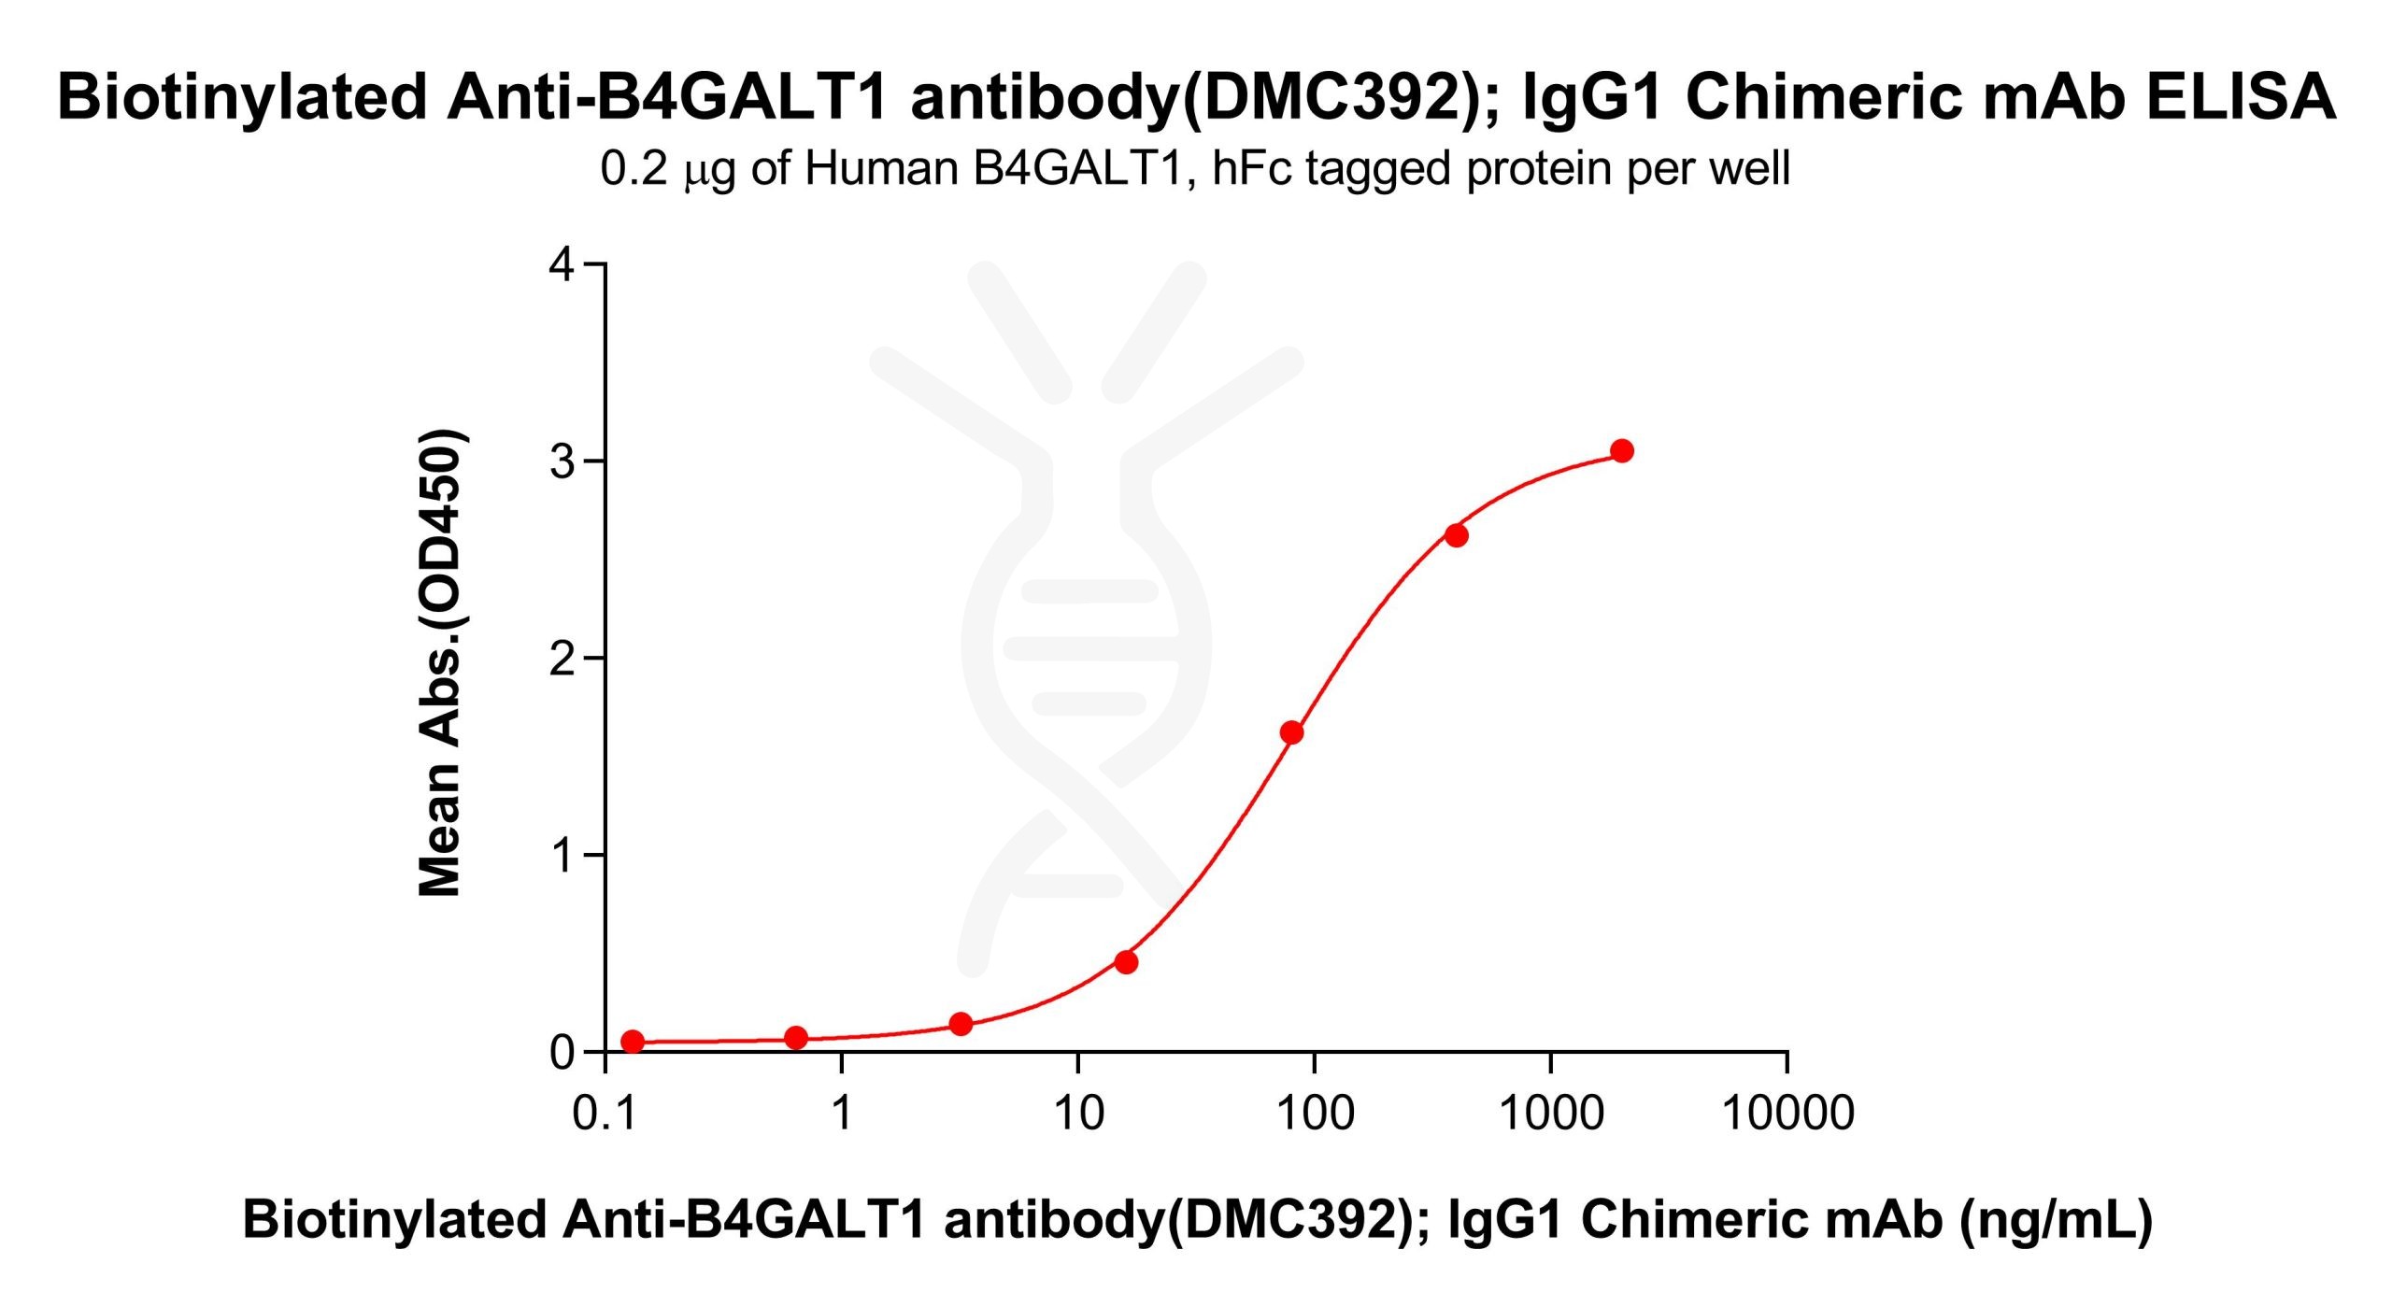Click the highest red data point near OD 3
(x=1622, y=451)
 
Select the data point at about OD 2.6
(x=1456, y=535)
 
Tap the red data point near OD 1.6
(x=1291, y=732)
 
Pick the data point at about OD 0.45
(x=1126, y=962)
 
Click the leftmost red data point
(x=633, y=1042)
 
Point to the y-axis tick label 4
(x=562, y=264)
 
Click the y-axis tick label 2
(x=562, y=659)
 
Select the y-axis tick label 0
(x=562, y=1053)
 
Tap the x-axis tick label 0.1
(x=604, y=1114)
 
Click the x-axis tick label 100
(x=1315, y=1114)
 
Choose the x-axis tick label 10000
(x=1787, y=1114)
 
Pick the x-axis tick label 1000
(x=1551, y=1114)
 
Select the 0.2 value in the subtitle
(x=634, y=169)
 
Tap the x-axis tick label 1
(x=842, y=1114)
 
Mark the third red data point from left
(x=961, y=1024)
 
